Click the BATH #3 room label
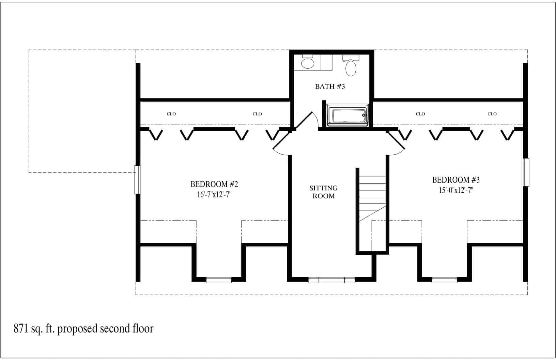coord(330,87)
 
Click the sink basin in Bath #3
coord(308,63)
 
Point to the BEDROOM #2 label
coord(214,184)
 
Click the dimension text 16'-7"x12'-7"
coord(214,195)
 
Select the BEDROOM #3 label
coord(456,180)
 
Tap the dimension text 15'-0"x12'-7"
coord(456,190)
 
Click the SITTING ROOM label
coord(323,192)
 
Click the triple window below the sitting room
coord(331,280)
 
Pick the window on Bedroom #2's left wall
coord(137,180)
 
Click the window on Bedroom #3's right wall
coord(526,172)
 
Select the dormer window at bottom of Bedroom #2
coord(219,280)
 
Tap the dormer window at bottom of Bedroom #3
coord(444,280)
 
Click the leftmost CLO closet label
coord(171,114)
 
